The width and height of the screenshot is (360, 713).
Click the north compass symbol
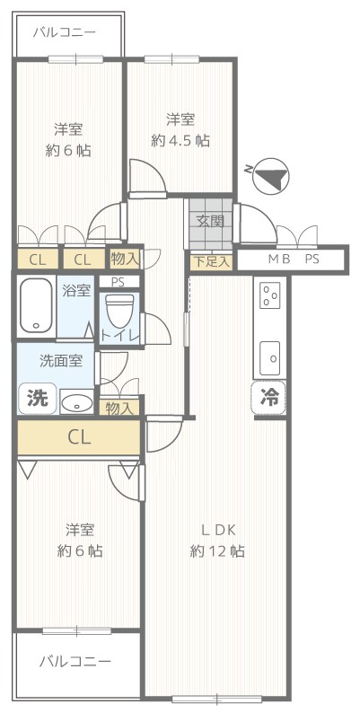pyautogui.click(x=271, y=175)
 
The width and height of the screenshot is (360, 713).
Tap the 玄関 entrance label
pyautogui.click(x=210, y=222)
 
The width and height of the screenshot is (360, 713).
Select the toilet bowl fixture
pyautogui.click(x=119, y=312)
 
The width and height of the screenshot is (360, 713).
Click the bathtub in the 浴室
pyautogui.click(x=37, y=305)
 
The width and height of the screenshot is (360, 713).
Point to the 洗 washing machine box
pyautogui.click(x=38, y=399)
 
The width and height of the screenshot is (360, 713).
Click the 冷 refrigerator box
pyautogui.click(x=268, y=398)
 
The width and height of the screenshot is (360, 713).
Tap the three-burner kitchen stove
pyautogui.click(x=270, y=295)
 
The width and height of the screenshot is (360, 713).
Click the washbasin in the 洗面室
pyautogui.click(x=76, y=402)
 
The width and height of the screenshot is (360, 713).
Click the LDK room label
pyautogui.click(x=218, y=530)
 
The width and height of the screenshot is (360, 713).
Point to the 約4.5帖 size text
pyautogui.click(x=180, y=141)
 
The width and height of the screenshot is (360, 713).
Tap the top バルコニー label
pyautogui.click(x=64, y=32)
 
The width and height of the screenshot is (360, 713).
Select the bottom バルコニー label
pyautogui.click(x=75, y=661)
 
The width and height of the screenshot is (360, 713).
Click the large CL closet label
pyautogui.click(x=80, y=437)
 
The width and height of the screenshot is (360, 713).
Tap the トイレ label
pyautogui.click(x=119, y=336)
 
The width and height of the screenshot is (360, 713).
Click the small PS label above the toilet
pyautogui.click(x=118, y=282)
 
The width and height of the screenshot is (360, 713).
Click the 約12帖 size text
pyautogui.click(x=217, y=551)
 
